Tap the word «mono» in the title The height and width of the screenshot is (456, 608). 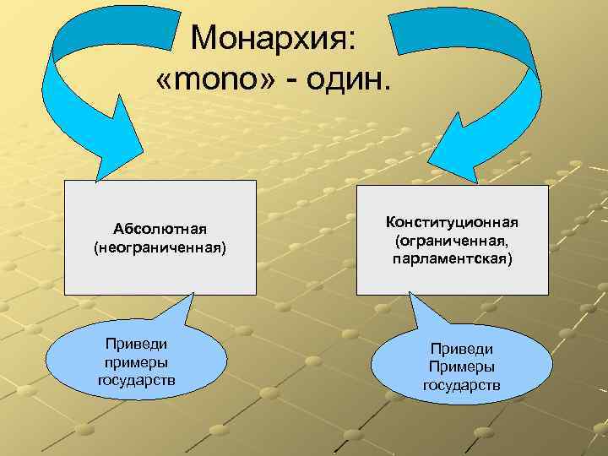click(x=212, y=82)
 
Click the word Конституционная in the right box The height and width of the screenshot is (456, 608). click(x=452, y=222)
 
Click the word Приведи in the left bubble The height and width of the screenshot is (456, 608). click(x=136, y=344)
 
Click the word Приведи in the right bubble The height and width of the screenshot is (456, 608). click(x=461, y=349)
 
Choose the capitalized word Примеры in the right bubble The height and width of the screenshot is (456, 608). click(x=461, y=367)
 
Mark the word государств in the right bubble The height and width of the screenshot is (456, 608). click(x=461, y=386)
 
